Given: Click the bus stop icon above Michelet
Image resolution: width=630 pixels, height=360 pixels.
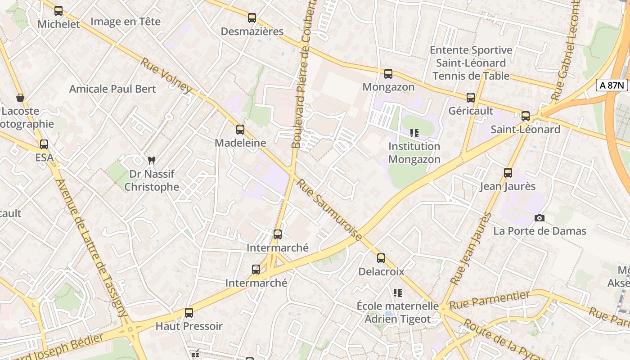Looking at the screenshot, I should click(x=58, y=11).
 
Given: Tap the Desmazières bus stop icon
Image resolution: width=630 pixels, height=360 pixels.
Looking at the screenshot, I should click(x=252, y=18).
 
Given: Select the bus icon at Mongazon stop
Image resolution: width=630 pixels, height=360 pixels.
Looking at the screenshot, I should click(x=388, y=74).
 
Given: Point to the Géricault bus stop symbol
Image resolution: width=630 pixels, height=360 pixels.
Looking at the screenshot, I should click(x=471, y=98).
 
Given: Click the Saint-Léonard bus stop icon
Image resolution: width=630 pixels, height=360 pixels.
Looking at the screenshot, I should click(x=526, y=116).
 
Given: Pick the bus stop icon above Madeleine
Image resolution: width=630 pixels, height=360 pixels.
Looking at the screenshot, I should click(x=240, y=130).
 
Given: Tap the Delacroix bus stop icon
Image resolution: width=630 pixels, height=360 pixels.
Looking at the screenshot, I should click(x=381, y=258).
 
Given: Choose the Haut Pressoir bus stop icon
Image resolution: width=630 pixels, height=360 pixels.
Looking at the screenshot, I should click(x=189, y=313).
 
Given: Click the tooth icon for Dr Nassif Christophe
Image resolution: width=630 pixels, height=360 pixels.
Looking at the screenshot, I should click(x=152, y=160).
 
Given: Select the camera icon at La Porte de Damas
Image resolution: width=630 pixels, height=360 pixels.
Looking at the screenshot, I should click(x=539, y=218).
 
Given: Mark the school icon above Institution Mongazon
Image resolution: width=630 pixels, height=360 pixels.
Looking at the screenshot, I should click(x=414, y=133).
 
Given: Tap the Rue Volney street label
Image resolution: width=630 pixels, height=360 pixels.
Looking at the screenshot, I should click(x=166, y=76).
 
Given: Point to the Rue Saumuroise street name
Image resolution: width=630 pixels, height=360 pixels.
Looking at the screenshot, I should click(x=329, y=210).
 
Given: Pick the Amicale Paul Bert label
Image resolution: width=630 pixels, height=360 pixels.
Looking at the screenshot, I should click(x=112, y=89).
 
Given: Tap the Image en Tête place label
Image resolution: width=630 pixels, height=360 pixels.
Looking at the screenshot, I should click(x=125, y=22).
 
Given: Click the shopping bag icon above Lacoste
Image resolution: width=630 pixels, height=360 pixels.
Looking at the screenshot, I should click(x=20, y=98).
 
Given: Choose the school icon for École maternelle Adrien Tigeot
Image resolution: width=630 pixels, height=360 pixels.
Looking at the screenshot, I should click(x=397, y=293).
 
